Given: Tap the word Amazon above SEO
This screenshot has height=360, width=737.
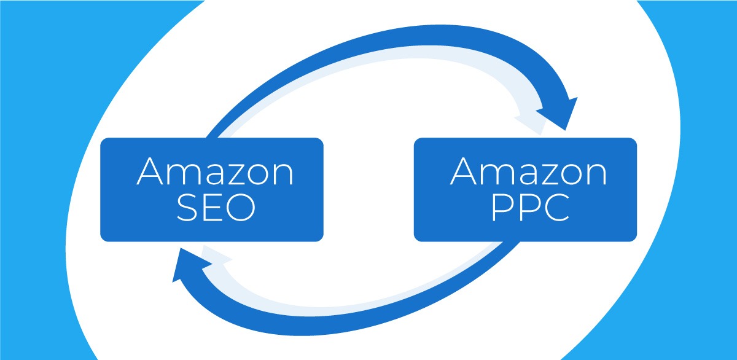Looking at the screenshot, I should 215,171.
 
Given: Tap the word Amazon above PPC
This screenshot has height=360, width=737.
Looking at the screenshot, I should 529,171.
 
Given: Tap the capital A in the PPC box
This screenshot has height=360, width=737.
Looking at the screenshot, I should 464,171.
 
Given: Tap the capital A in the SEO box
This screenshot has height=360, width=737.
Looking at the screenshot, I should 150,171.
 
